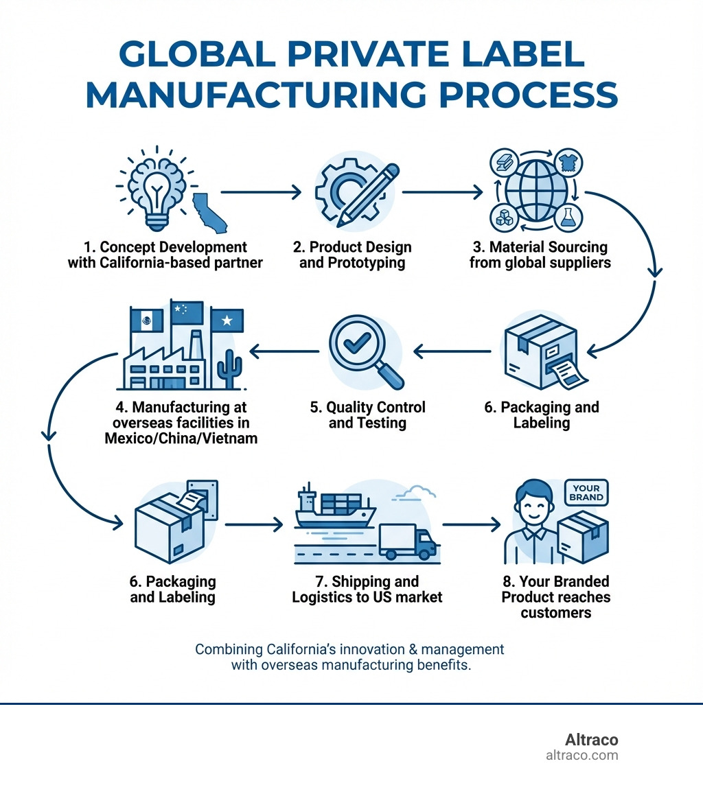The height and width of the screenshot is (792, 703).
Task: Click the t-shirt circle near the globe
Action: click(x=568, y=162)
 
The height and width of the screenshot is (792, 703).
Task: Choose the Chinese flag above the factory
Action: click(x=187, y=313)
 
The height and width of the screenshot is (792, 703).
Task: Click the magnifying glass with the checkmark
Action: click(x=364, y=350)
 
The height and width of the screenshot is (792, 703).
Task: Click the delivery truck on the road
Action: click(x=406, y=541)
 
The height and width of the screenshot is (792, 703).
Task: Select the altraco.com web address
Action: click(x=581, y=756)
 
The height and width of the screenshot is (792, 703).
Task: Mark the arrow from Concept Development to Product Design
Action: click(x=260, y=193)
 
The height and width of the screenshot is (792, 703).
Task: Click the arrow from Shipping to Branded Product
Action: click(x=472, y=525)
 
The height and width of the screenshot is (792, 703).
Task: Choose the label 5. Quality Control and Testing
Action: click(x=367, y=415)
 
